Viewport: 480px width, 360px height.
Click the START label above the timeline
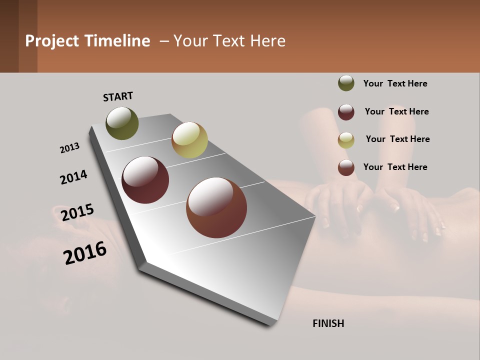[118, 96]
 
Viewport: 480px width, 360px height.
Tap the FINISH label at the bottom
[328, 323]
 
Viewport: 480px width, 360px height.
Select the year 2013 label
[69, 148]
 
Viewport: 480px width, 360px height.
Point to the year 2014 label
[73, 177]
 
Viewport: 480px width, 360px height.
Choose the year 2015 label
[77, 212]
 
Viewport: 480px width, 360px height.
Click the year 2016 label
[85, 253]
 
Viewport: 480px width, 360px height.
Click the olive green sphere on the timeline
[122, 123]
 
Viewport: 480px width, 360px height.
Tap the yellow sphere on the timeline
[189, 140]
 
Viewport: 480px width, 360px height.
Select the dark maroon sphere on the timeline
[145, 180]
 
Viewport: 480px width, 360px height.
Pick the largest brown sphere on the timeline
[216, 207]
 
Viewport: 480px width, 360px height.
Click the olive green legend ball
[346, 83]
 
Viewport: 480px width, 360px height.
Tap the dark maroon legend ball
[346, 112]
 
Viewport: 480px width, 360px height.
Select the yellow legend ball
[346, 140]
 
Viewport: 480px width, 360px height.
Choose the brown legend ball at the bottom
[346, 167]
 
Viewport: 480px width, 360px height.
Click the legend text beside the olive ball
[395, 83]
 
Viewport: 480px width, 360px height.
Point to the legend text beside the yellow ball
[397, 139]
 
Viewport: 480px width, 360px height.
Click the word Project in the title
[51, 41]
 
